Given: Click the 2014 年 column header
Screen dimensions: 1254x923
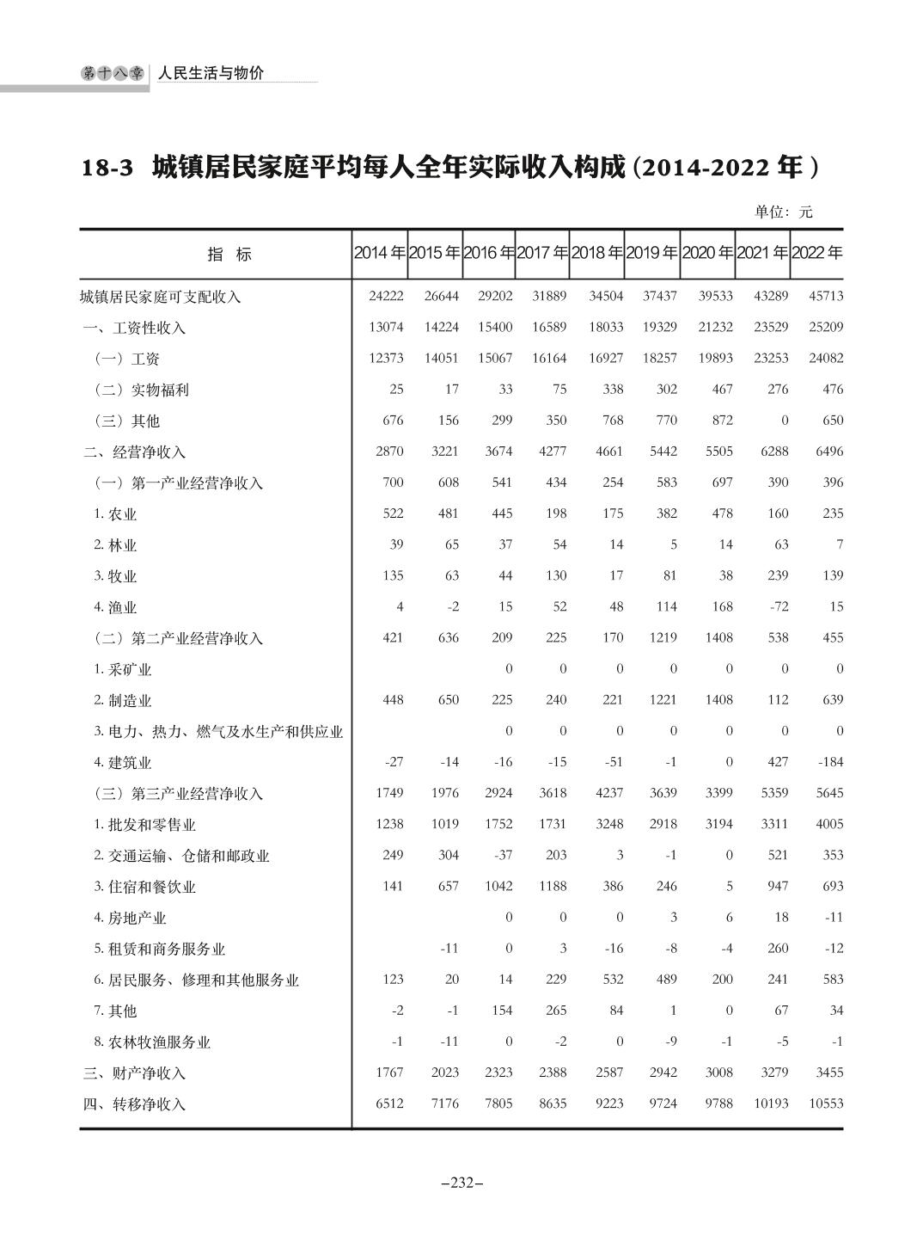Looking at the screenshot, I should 379,254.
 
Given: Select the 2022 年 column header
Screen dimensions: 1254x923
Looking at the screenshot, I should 816,254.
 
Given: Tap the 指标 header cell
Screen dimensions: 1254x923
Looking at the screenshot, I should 229,255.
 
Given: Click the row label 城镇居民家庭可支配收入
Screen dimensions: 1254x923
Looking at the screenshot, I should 160,297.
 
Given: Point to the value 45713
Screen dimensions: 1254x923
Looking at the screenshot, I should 826,296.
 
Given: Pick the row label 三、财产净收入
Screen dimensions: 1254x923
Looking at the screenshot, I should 134,1073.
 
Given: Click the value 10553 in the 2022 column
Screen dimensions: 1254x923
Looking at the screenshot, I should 826,1103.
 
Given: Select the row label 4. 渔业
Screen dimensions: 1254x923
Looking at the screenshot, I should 115,607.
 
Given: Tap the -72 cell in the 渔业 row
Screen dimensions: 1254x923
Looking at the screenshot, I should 778,606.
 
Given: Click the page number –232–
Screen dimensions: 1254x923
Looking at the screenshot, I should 461,1183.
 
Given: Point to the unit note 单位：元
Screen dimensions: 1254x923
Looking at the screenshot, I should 783,212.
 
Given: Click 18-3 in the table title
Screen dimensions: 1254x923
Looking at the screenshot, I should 107,168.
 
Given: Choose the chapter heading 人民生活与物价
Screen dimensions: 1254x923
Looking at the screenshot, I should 211,74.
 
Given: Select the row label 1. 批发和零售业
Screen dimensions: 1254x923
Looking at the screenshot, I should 144,825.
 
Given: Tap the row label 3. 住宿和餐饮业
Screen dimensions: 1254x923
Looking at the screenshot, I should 144,887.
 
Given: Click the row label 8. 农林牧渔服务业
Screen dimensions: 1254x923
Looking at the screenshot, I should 152,1042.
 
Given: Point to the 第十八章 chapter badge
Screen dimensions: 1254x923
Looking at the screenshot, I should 113,74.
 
